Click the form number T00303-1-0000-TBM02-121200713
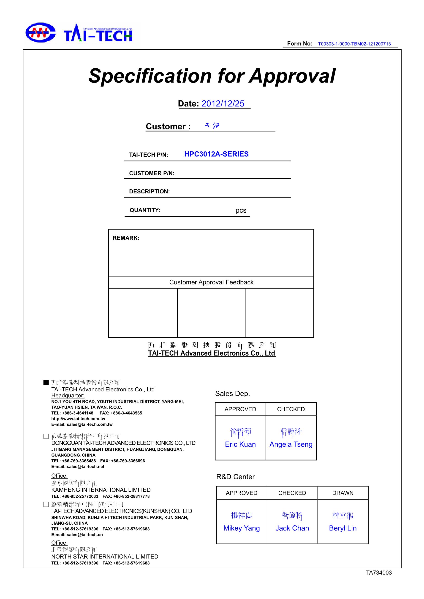coord(354,44)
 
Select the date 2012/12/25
coord(223,104)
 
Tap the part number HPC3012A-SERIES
coord(216,154)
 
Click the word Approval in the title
coord(292,76)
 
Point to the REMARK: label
coord(126,238)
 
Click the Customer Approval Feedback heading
coord(211,282)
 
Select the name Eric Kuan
coord(240,444)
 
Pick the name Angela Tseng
coord(291,444)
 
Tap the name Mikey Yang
coord(241,528)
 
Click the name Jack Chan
coord(292,528)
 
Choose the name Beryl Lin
coord(342,528)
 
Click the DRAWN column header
coord(342,493)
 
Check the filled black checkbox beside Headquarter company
coord(46,383)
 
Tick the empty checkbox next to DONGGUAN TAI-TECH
coord(46,436)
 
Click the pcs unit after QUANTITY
coord(241,211)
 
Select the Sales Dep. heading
coord(232,393)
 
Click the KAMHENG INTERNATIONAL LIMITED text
coord(101,490)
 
